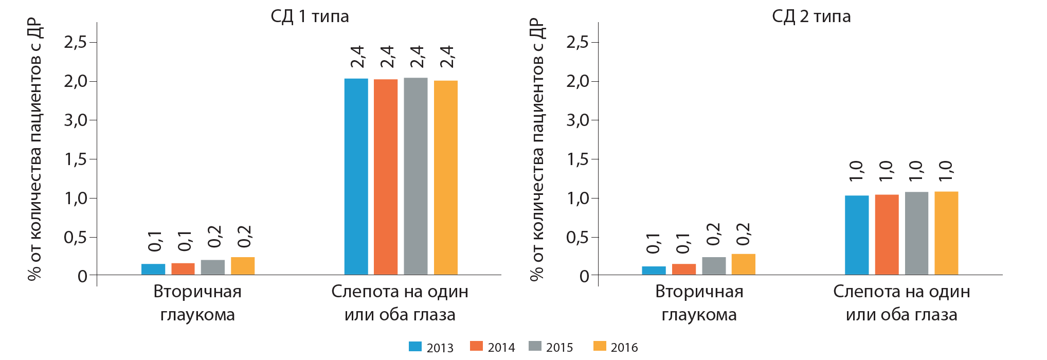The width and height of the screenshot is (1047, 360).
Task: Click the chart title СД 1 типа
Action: coord(310,16)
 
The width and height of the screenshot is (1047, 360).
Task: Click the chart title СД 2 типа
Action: coord(811,16)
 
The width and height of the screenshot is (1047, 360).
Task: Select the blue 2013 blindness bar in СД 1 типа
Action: coord(356,176)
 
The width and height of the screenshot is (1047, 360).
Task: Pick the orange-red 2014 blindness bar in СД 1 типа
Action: coord(386,177)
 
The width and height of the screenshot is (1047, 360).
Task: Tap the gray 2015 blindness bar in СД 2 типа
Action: coord(916,233)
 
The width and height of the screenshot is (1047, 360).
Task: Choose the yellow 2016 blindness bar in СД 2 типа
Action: coord(946,233)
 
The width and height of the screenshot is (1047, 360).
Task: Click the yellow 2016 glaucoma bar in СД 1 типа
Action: coord(243,266)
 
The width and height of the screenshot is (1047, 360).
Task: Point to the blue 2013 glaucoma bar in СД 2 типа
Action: coord(654,271)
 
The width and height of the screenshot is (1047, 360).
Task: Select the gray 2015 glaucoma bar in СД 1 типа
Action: coord(213,267)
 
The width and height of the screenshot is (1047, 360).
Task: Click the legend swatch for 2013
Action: coord(415,347)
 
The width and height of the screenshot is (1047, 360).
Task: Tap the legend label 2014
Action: coord(501,348)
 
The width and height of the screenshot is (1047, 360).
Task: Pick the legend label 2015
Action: coord(559,348)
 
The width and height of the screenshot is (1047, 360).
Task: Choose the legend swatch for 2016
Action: coord(600,347)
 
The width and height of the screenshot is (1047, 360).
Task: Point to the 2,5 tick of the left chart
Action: coord(75,42)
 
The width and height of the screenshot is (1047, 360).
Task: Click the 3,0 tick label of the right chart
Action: coord(577,120)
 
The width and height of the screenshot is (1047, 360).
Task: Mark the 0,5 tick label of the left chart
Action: coord(75,238)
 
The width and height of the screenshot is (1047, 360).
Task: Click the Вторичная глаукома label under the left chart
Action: coord(197,303)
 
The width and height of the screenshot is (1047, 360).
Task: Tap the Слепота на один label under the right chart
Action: coord(901,292)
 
